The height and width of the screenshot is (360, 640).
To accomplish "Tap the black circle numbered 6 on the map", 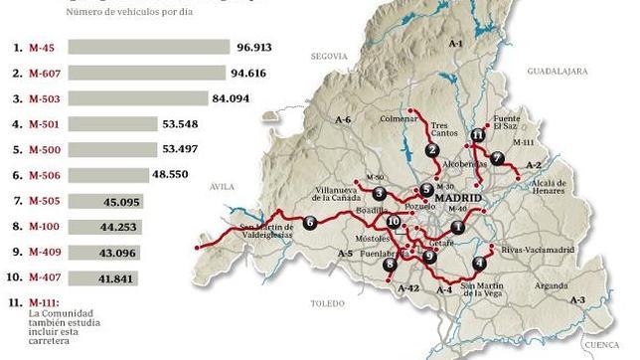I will click(x=310, y=223).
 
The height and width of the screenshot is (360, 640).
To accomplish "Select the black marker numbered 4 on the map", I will click(x=480, y=264).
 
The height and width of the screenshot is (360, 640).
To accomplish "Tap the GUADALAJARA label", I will click(x=559, y=72).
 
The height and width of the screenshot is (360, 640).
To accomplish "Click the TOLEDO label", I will click(x=326, y=300).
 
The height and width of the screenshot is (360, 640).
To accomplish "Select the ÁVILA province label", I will click(x=221, y=185).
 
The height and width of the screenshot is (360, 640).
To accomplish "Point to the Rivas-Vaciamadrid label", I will click(x=539, y=249).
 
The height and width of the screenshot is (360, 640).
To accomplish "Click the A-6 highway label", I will click(x=345, y=119).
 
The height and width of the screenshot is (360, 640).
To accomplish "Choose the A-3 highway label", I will click(x=578, y=298).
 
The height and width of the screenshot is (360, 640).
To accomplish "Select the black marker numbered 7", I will click(x=497, y=158).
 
